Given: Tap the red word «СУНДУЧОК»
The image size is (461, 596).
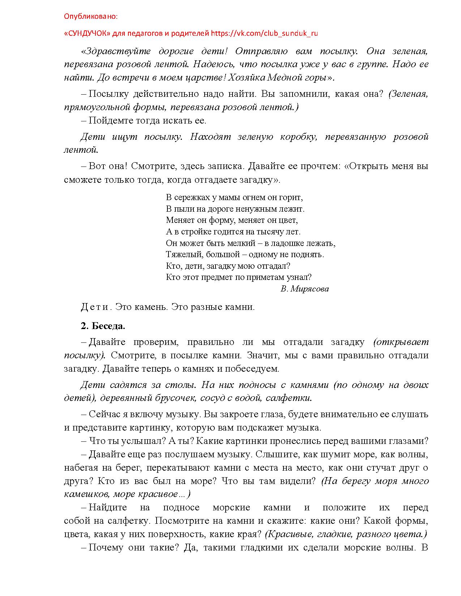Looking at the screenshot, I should pyautogui.click(x=87, y=34).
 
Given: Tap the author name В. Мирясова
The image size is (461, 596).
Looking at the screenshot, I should pyautogui.click(x=304, y=289).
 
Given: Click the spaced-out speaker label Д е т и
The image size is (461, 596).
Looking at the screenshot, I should pyautogui.click(x=94, y=307).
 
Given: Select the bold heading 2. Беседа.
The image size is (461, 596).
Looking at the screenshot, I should pyautogui.click(x=103, y=326).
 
